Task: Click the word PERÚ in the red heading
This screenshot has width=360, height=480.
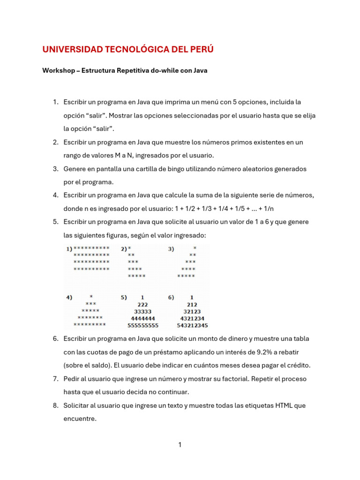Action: pyautogui.click(x=199, y=49)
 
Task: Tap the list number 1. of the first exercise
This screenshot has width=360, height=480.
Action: pyautogui.click(x=55, y=102)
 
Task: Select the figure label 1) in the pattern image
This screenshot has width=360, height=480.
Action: pyautogui.click(x=69, y=248)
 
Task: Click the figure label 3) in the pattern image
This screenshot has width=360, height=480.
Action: pyautogui.click(x=171, y=248)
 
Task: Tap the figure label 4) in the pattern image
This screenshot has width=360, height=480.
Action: pyautogui.click(x=69, y=297)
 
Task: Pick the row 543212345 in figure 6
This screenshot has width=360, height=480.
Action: pyautogui.click(x=192, y=325)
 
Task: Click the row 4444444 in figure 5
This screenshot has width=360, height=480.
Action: pyautogui.click(x=142, y=318)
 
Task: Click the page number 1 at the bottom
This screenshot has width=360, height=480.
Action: pyautogui.click(x=180, y=445)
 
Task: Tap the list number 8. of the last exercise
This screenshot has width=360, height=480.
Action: pyautogui.click(x=55, y=405)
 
